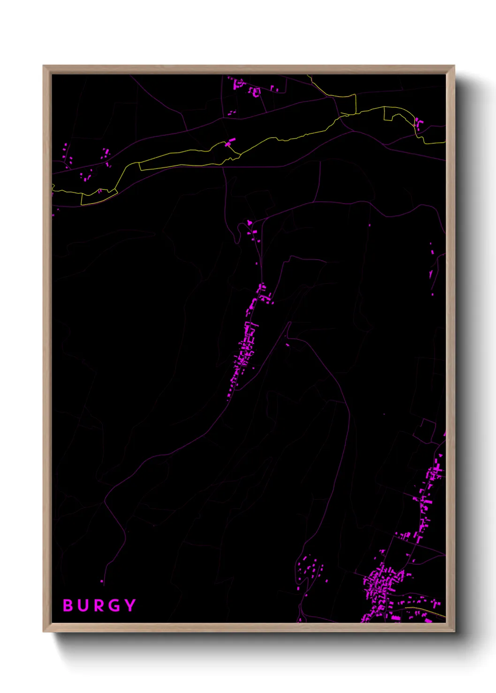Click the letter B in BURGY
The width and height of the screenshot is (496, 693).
(68, 605)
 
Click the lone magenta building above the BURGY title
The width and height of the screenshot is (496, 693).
(102, 582)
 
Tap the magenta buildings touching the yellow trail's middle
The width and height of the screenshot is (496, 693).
(230, 142)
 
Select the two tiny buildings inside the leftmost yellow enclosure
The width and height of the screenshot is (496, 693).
(99, 191)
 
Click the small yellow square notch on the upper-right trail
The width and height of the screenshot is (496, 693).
(388, 114)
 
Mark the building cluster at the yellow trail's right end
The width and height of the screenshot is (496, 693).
(418, 123)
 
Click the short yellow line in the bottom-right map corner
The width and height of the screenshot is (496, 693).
(427, 611)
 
